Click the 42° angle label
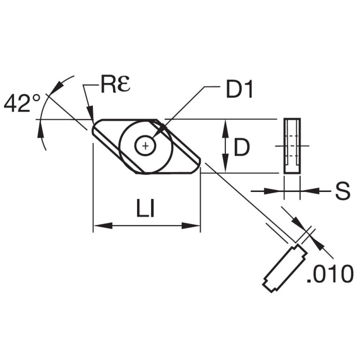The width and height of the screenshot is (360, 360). pyautogui.click(x=22, y=104)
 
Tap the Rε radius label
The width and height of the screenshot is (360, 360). pyautogui.click(x=115, y=84)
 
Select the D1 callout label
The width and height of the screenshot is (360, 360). pyautogui.click(x=239, y=89)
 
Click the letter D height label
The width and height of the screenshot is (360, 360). pyautogui.click(x=242, y=147)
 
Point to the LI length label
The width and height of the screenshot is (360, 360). pyautogui.click(x=146, y=208)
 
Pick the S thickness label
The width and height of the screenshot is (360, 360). pyautogui.click(x=343, y=191)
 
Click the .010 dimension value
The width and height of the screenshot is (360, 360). pyautogui.click(x=330, y=274)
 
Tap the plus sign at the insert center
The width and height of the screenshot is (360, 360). pyautogui.click(x=145, y=146)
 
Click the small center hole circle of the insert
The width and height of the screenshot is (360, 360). pyautogui.click(x=145, y=146)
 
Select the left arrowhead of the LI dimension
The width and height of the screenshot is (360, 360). pyautogui.click(x=103, y=225)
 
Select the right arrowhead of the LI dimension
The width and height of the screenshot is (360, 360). pyautogui.click(x=191, y=225)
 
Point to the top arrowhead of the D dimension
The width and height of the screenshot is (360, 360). pyautogui.click(x=226, y=129)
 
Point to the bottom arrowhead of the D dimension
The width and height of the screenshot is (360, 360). pyautogui.click(x=226, y=163)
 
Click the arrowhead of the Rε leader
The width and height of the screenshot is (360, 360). pyautogui.click(x=91, y=112)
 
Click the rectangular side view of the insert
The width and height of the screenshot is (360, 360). pyautogui.click(x=292, y=146)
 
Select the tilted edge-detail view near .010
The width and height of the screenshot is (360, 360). pyautogui.click(x=285, y=268)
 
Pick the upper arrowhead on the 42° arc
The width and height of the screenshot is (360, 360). pyautogui.click(x=57, y=87)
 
